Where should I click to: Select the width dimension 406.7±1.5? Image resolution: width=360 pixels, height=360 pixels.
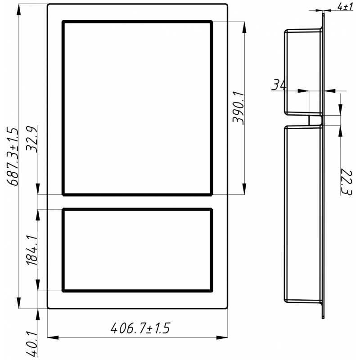pos(140,328)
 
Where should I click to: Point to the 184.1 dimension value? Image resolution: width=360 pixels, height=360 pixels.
pos(31,250)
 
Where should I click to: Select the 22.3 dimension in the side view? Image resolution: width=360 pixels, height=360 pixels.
pos(346,182)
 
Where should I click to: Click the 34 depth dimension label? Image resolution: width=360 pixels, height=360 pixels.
pos(279,85)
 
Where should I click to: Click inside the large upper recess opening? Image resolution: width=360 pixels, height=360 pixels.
pos(137,108)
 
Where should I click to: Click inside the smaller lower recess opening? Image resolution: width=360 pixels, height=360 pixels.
pos(137,250)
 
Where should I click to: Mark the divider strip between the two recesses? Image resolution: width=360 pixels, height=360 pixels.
pos(137,202)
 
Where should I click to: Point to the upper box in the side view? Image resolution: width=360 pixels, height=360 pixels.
pos(302,72)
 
